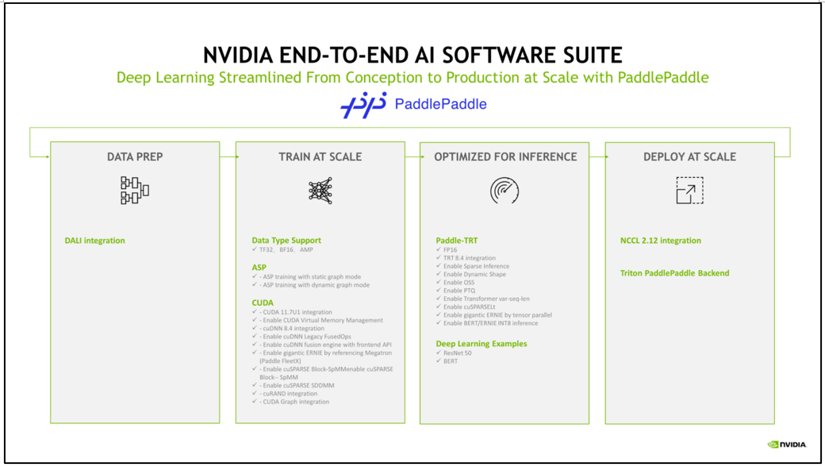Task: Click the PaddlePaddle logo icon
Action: (363, 105)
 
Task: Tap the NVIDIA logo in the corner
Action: (787, 445)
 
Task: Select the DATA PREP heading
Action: (135, 157)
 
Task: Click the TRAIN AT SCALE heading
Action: (320, 157)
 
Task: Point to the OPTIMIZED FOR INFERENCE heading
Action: (505, 157)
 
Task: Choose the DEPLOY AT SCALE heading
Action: (689, 157)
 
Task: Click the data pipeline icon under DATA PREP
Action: (135, 191)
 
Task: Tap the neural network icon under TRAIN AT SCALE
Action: (320, 191)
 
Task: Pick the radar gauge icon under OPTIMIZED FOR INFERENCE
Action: (505, 191)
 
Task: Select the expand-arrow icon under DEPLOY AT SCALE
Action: (689, 191)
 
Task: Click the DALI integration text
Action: (94, 241)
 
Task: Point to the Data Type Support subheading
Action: (286, 240)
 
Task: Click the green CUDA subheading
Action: (263, 303)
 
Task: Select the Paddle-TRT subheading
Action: (457, 240)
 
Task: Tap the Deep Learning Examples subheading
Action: (482, 344)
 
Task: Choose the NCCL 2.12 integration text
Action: (660, 241)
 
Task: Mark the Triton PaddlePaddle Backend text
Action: (674, 273)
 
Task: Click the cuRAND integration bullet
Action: (290, 393)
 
